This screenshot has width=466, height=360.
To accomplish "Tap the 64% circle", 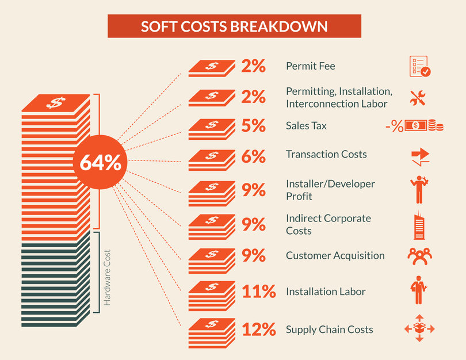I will click(x=100, y=163).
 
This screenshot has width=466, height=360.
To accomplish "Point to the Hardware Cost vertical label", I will click(x=107, y=277).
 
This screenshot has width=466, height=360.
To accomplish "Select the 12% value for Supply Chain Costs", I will click(x=259, y=330).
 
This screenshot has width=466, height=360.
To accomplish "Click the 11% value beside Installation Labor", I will click(x=259, y=292).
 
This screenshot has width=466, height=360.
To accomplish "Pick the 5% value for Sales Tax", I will click(x=253, y=125).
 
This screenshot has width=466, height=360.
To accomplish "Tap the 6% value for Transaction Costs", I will click(x=253, y=156).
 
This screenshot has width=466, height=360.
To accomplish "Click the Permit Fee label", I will click(x=310, y=66).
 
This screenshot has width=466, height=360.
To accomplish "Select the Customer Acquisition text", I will click(x=335, y=255).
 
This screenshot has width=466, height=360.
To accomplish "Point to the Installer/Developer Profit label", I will click(x=330, y=190).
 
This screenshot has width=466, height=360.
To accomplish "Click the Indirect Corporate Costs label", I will click(x=328, y=224).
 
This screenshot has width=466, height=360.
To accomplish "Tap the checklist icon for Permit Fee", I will click(x=419, y=66).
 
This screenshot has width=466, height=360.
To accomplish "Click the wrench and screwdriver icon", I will click(x=419, y=98).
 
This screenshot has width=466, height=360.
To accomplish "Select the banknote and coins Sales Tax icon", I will click(x=423, y=125).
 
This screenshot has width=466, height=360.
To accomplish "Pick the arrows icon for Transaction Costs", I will click(x=421, y=156).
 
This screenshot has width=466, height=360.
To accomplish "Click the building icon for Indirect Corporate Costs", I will click(x=419, y=226).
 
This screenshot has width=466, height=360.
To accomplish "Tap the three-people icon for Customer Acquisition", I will click(x=419, y=256).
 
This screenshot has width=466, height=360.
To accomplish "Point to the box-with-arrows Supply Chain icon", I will click(x=419, y=328).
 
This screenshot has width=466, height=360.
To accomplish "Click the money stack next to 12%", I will click(x=212, y=331).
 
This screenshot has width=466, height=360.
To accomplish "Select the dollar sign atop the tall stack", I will click(x=56, y=103).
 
